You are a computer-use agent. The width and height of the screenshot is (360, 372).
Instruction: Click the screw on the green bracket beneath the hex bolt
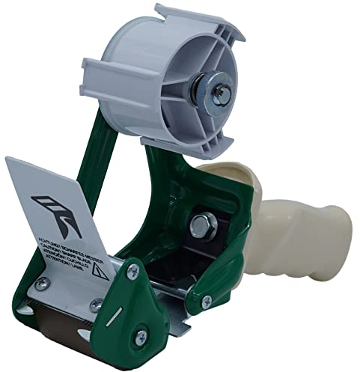pos(206,302)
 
